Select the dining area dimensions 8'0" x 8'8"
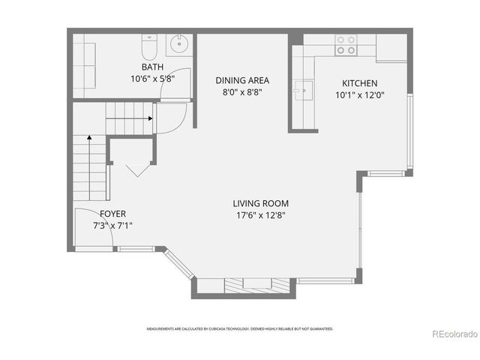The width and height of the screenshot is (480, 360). click(241, 92)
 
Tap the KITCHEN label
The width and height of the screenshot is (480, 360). click(359, 83)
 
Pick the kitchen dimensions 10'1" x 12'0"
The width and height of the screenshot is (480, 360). click(359, 94)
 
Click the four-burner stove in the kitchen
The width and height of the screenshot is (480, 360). click(346, 45)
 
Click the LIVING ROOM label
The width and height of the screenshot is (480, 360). click(259, 203)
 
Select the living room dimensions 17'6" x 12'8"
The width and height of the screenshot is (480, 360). click(259, 214)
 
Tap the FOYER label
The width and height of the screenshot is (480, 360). click(112, 214)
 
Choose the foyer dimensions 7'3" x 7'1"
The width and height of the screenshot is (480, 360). click(112, 225)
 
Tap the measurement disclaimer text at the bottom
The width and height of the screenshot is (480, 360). click(239, 328)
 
